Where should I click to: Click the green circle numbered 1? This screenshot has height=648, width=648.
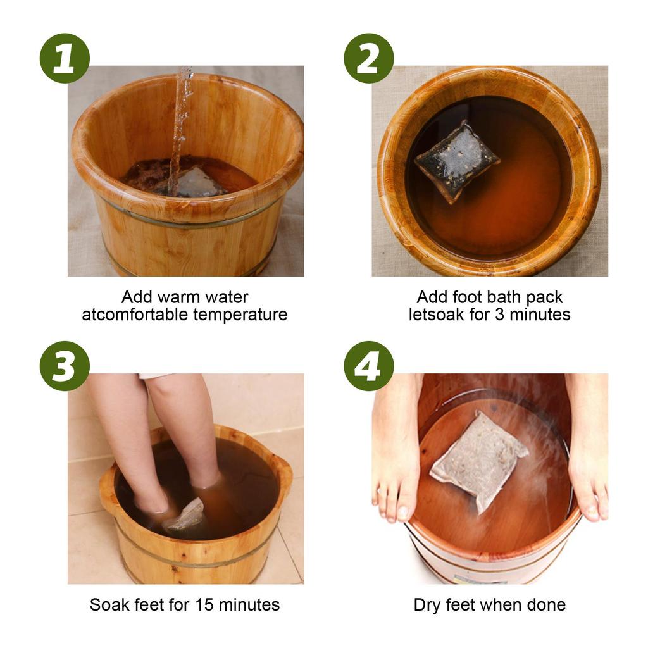click(65, 58)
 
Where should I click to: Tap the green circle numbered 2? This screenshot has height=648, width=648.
click(368, 58)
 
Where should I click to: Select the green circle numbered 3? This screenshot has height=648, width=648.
click(65, 366)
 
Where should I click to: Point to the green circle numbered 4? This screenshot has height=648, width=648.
click(368, 366)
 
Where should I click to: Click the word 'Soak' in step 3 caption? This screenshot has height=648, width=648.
click(108, 604)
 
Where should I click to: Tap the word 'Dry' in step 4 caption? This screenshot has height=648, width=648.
click(427, 604)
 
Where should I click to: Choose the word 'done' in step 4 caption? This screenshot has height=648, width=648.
click(546, 604)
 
